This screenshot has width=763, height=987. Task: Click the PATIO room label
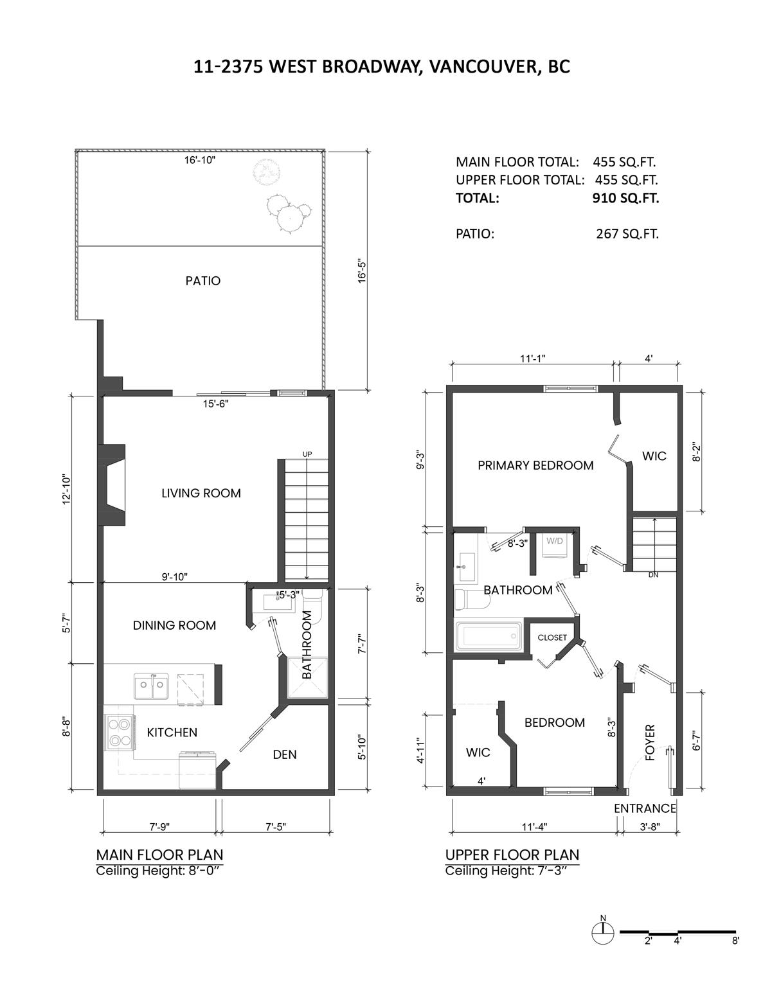(x=203, y=281)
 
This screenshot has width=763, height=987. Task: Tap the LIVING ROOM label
(x=201, y=493)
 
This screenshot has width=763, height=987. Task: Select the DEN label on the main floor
(x=285, y=754)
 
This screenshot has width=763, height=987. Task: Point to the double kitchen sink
(x=151, y=686)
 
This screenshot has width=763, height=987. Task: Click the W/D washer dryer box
(x=555, y=547)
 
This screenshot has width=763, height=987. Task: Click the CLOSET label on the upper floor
(x=552, y=637)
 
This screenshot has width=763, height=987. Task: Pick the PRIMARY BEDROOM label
(x=535, y=465)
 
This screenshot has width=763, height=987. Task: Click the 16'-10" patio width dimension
(x=200, y=160)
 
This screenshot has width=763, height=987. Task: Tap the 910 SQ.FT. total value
(x=625, y=198)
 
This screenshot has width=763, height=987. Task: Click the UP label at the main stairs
(x=307, y=454)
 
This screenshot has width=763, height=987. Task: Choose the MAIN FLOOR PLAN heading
(x=160, y=855)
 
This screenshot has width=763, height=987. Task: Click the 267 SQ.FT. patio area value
(x=627, y=234)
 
